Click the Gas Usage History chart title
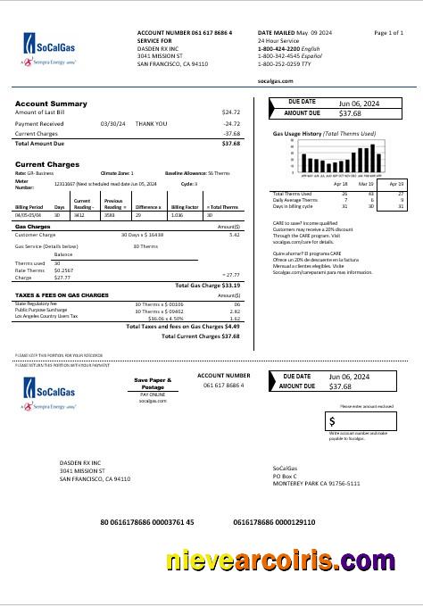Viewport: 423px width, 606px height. click(323, 133)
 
